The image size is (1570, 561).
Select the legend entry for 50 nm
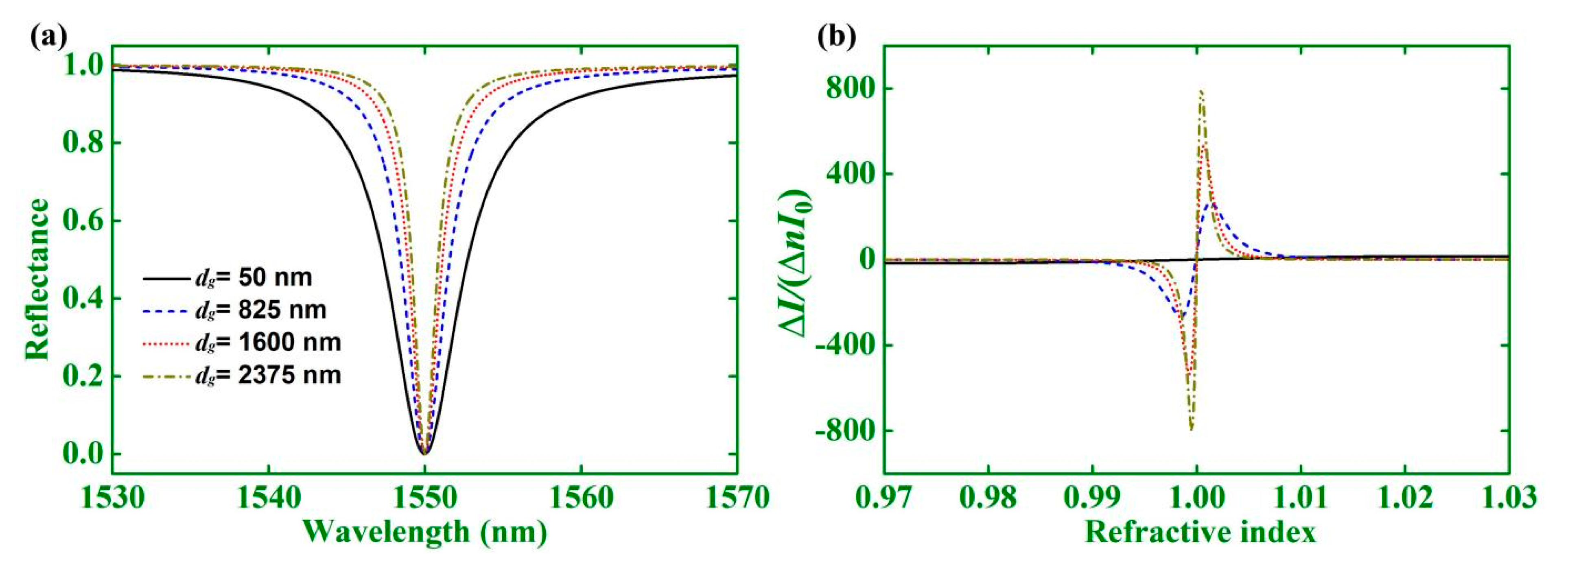[x=228, y=278]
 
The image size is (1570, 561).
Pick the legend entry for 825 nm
[x=235, y=310]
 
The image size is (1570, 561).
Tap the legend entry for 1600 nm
[x=243, y=342]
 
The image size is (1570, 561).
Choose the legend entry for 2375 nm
[x=243, y=375]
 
